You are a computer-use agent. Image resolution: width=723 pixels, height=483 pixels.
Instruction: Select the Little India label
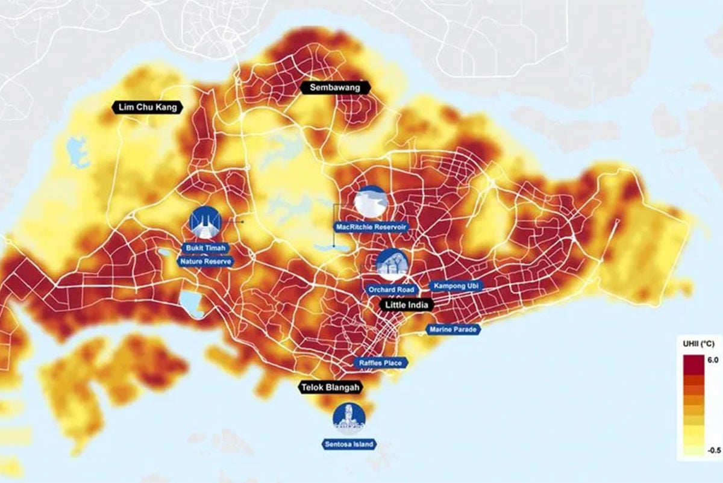(x=407, y=305)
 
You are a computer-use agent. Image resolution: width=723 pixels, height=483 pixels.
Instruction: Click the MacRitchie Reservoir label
(x=371, y=227)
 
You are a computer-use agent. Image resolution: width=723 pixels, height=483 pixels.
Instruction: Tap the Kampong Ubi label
(x=455, y=286)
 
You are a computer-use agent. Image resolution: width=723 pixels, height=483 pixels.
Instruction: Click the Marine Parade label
(x=453, y=329)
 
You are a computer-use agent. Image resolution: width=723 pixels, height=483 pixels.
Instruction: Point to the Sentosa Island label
(x=349, y=444)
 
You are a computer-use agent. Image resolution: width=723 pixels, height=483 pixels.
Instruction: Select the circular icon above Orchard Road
(x=392, y=264)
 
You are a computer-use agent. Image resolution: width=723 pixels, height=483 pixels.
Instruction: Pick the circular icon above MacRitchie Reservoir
(x=370, y=202)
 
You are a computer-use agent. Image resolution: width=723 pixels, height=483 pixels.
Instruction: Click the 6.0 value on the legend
(x=713, y=360)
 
